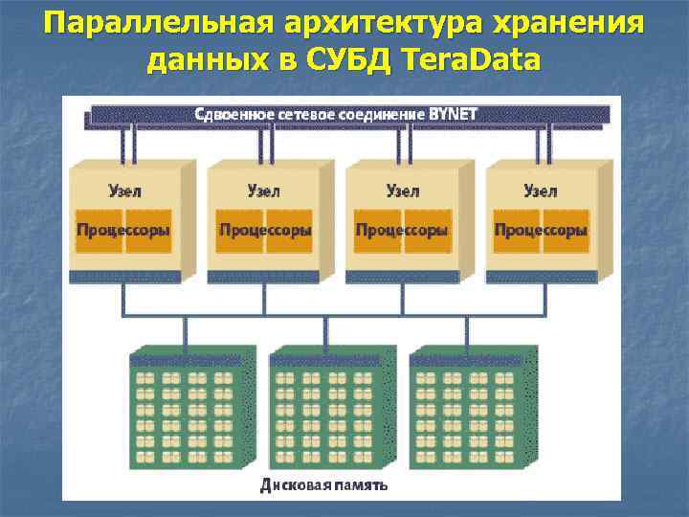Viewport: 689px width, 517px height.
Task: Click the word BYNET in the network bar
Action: click(454, 114)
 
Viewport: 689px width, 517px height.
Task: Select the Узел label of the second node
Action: click(263, 191)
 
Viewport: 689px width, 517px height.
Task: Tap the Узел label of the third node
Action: click(402, 191)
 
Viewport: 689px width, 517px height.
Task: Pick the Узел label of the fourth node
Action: click(540, 191)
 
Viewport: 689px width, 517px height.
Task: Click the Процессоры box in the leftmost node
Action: click(123, 231)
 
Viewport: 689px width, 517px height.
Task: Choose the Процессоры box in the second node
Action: click(264, 231)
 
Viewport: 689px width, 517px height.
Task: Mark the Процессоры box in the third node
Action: click(402, 231)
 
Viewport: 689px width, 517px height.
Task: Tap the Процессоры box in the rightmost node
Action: click(540, 231)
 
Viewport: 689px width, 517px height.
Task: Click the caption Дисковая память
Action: click(324, 484)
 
